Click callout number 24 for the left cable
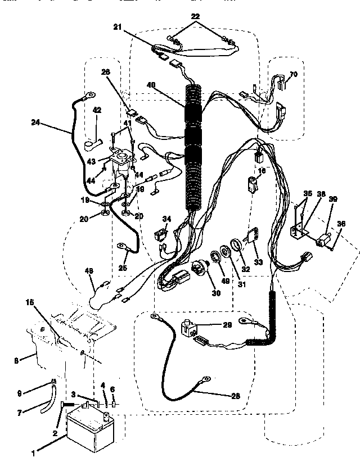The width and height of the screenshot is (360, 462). click(35, 123)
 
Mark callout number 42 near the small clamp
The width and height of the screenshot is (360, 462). click(96, 110)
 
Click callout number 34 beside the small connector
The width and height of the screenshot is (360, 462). click(166, 218)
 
